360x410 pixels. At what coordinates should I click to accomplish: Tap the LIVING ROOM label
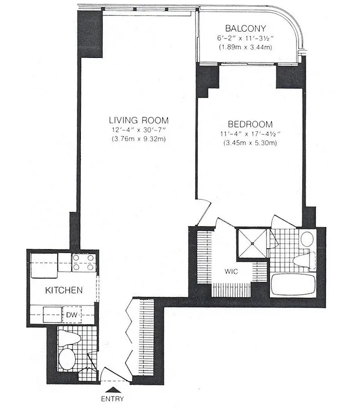coord(138,120)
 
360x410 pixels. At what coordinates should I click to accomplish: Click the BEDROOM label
coord(250,124)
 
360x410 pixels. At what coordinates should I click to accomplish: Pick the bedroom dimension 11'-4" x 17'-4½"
coord(250,134)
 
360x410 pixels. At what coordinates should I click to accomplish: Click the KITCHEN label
coord(64,291)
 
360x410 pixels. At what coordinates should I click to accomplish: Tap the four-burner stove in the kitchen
coord(83,263)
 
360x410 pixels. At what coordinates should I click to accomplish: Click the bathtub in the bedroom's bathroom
coord(294,285)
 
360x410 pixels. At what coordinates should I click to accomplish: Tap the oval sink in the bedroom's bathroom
coord(307,239)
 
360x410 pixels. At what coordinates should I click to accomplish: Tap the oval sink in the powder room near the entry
coord(67,358)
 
